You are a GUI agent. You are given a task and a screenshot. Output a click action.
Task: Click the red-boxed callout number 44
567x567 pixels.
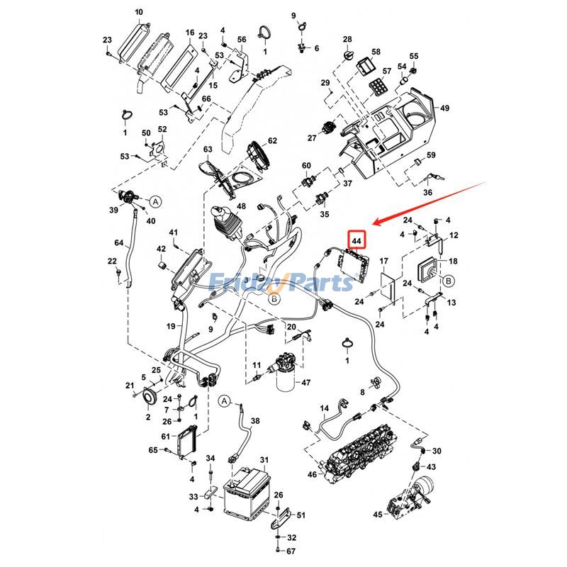coord(357,240)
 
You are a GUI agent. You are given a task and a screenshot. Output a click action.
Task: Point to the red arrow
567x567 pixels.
coord(430,203)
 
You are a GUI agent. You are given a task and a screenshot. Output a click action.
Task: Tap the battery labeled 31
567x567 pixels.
coord(247,494)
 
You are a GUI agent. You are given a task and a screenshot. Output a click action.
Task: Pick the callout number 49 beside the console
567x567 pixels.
coord(444,108)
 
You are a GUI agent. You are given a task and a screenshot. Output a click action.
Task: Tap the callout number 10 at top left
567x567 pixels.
coord(139,12)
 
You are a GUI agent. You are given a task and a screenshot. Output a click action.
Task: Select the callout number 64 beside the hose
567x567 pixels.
coord(119,242)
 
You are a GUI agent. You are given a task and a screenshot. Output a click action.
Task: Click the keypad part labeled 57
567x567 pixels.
coord(377,86)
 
